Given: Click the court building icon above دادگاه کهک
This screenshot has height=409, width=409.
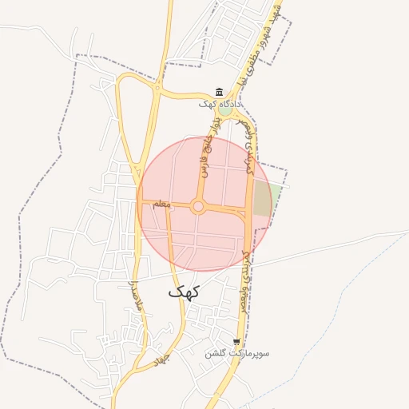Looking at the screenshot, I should [x=220, y=93].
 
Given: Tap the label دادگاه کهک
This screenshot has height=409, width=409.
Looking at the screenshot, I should [x=220, y=104].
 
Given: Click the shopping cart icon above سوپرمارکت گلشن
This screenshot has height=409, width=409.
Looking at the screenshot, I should [x=236, y=342].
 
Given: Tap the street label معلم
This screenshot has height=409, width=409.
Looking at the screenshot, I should [x=161, y=205].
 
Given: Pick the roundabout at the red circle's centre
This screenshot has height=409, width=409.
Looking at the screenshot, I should [x=199, y=207].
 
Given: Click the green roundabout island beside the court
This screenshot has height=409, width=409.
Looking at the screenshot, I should [x=227, y=112].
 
